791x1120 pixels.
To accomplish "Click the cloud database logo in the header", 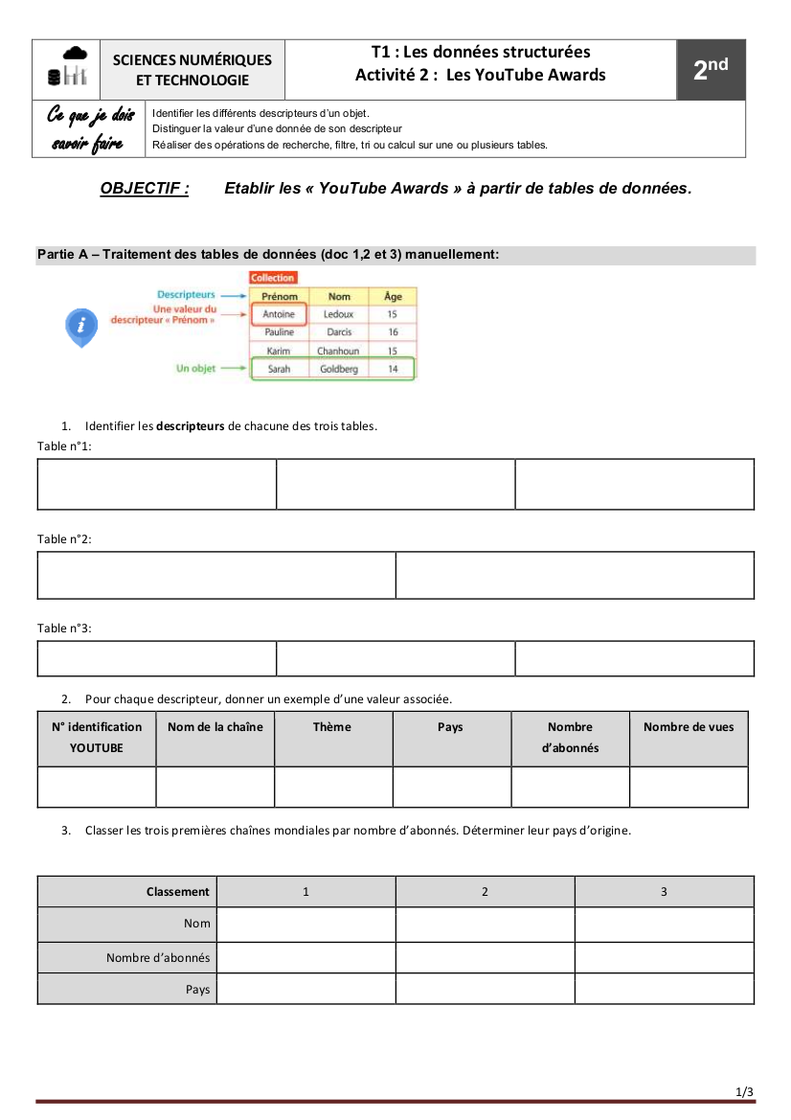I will (x=74, y=67).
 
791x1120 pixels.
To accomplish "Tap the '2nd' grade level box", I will (x=711, y=69).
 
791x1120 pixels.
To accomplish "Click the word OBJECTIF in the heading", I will (x=145, y=189).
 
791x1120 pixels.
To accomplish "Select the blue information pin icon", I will (x=81, y=327).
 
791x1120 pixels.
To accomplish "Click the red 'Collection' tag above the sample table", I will (x=273, y=278).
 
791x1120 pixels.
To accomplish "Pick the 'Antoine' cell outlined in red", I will (x=279, y=314).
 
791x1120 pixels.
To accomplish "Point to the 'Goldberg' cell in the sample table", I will (x=339, y=369).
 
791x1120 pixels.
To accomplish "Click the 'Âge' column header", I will (x=393, y=297).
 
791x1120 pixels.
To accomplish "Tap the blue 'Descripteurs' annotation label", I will (x=186, y=295).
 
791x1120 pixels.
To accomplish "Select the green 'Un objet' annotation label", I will (x=195, y=369).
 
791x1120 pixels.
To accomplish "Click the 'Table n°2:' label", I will (x=64, y=539).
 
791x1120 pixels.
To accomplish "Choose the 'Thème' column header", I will (x=332, y=727).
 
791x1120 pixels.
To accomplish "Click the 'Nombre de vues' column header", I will (x=689, y=727).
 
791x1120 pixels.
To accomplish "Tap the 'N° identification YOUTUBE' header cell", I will (x=97, y=738).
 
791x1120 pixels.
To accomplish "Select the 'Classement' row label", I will (x=177, y=892).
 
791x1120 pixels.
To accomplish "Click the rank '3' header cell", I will (x=664, y=892).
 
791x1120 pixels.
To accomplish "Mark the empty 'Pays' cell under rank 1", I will (x=306, y=989).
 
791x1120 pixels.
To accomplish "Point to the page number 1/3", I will (x=744, y=1092).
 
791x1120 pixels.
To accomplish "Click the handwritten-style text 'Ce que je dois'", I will (x=91, y=117).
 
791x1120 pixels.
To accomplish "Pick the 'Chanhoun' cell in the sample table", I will (x=338, y=351).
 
